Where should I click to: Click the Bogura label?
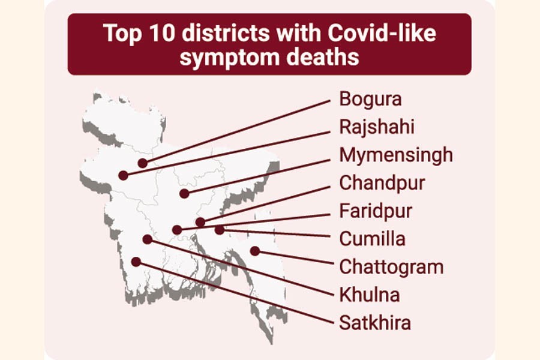point(370,98)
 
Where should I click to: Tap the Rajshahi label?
point(376,127)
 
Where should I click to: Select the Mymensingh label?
point(396,155)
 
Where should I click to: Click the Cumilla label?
point(372,238)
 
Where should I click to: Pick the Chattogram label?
point(391,266)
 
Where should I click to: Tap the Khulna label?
point(369,295)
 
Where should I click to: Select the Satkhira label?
point(375,323)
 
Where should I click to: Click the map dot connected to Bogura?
point(143,163)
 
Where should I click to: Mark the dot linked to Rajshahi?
point(123,175)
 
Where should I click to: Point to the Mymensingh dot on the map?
point(184,194)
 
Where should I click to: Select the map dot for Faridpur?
point(176,230)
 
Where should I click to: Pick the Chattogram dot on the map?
point(255,251)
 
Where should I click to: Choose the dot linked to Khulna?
point(147,239)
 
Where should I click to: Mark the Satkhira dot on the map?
point(136,262)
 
